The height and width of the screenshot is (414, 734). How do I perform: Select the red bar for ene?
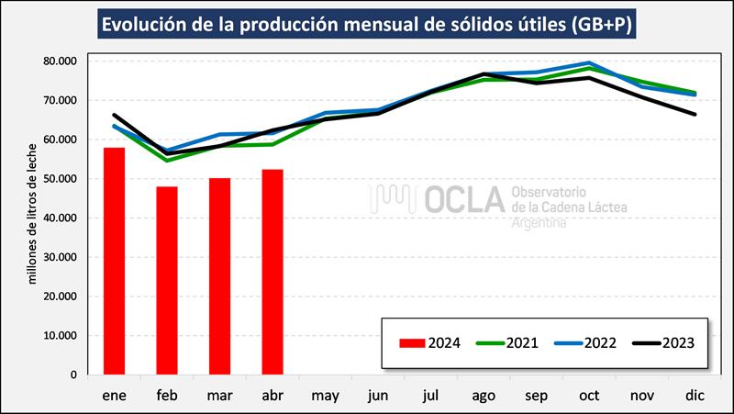coord(114,261)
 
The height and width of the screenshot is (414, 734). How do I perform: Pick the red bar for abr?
coord(272,272)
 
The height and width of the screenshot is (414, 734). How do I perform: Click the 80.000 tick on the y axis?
coord(60,61)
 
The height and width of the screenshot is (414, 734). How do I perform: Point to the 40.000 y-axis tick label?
coord(60,218)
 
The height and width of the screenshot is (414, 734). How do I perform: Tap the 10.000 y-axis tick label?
coord(60,335)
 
